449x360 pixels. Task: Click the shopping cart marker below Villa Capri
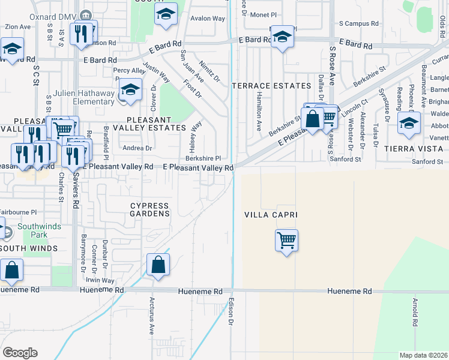[x=287, y=241]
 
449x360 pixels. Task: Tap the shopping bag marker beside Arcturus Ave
[x=158, y=265]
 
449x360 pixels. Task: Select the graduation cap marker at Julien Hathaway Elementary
[x=130, y=90]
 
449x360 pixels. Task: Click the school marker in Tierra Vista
[x=409, y=123]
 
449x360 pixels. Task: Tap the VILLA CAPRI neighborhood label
[x=271, y=215]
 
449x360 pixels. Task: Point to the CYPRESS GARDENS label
[x=150, y=209]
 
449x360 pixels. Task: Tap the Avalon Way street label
[x=207, y=19]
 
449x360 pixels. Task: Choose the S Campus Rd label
[x=358, y=23]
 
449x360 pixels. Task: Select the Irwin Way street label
[x=99, y=280]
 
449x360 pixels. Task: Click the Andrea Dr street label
[x=137, y=148]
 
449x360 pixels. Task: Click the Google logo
[x=20, y=353]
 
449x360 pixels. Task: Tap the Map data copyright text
[x=424, y=355]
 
